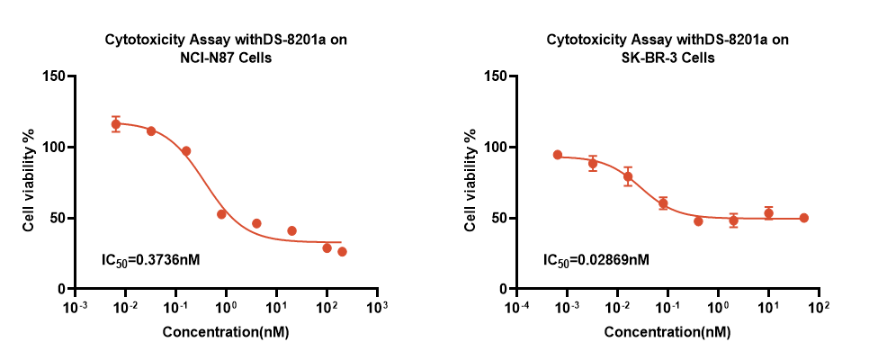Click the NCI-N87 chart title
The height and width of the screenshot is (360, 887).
226,49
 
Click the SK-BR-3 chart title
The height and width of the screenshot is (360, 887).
667,49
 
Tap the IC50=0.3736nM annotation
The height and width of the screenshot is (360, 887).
150,261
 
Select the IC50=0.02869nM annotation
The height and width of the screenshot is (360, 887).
596,261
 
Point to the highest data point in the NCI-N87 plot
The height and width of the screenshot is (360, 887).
116,124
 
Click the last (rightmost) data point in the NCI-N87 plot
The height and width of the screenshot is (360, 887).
342,251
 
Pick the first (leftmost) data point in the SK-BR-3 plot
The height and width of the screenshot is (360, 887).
558,155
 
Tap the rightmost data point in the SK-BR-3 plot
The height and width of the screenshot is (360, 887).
803,218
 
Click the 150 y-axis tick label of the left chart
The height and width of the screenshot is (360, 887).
53,76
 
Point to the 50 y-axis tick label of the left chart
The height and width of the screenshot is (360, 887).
57,218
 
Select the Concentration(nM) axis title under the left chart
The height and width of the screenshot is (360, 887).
226,332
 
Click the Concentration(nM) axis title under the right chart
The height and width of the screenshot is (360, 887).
667,332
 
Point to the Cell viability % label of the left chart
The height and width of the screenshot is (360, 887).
29,182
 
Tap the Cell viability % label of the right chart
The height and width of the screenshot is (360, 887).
470,182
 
